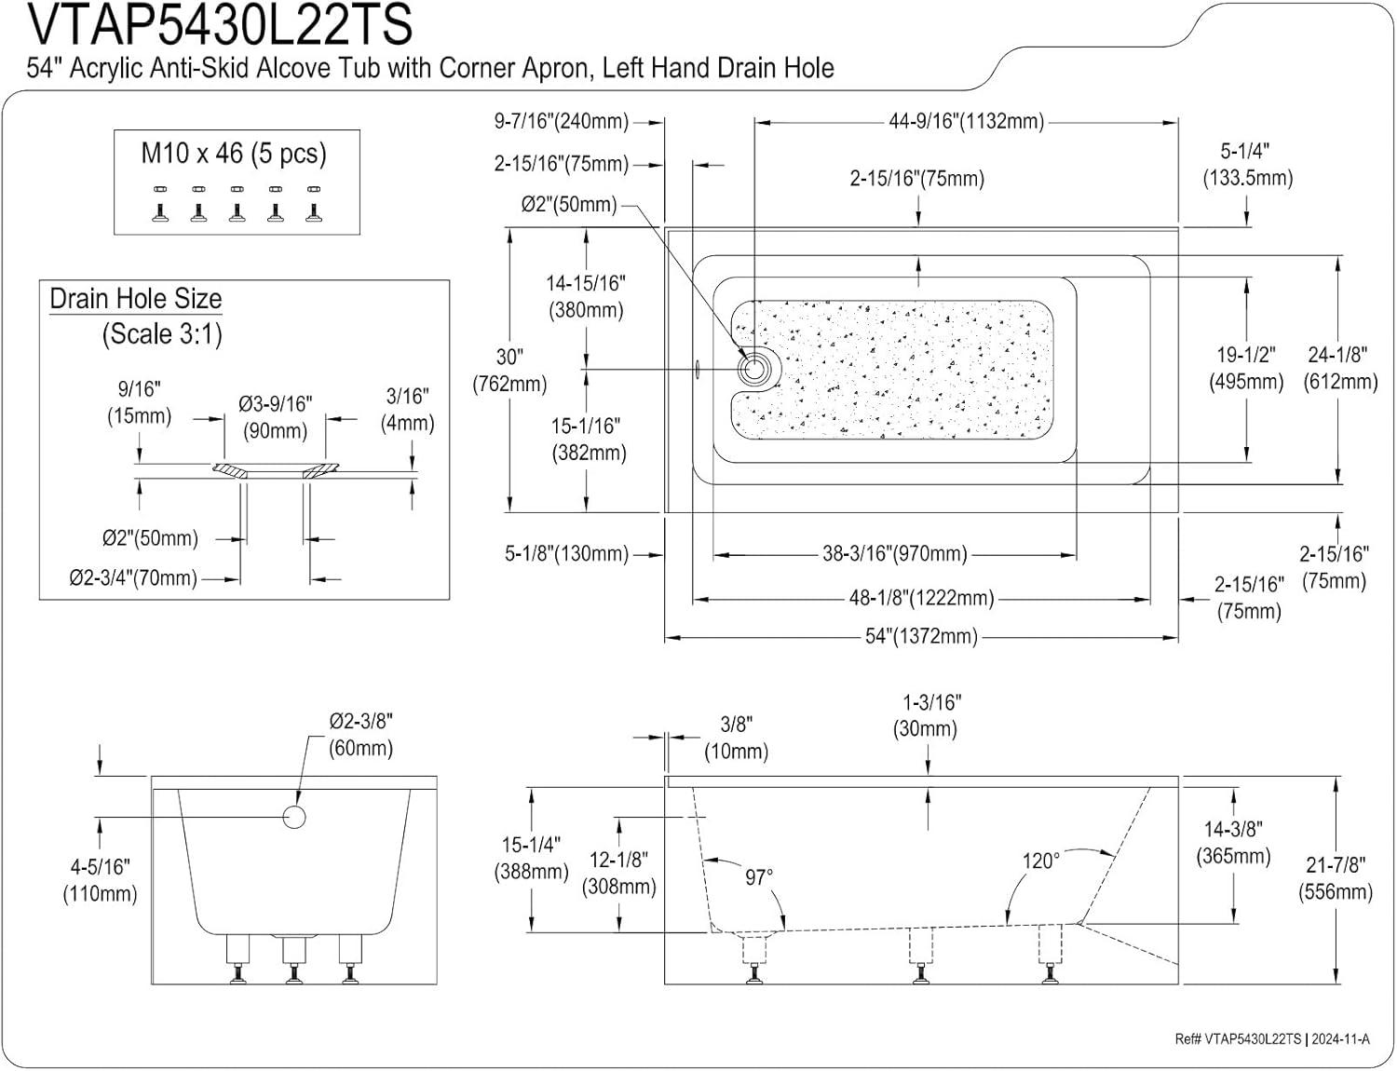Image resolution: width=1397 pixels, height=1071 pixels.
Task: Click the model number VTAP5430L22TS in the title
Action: [220, 26]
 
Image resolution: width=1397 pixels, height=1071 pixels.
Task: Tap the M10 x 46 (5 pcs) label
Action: [234, 154]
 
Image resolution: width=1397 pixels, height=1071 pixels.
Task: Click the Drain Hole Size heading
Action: [136, 299]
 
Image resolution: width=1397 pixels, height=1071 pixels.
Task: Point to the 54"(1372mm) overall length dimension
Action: [921, 637]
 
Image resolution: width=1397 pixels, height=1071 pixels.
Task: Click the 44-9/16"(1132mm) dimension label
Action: [966, 121]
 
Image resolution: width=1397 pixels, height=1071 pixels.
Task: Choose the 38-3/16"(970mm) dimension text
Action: [894, 555]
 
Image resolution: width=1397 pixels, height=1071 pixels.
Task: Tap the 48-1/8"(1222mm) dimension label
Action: [921, 598]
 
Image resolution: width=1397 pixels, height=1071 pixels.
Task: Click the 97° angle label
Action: [759, 878]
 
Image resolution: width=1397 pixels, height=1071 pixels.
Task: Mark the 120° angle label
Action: [1040, 861]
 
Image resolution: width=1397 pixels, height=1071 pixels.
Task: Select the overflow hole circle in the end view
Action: [293, 818]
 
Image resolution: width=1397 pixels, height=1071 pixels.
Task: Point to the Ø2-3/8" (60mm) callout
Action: [361, 734]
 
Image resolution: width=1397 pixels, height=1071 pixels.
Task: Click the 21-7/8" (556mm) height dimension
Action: [1336, 878]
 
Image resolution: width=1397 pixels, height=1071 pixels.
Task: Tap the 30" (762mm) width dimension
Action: [509, 370]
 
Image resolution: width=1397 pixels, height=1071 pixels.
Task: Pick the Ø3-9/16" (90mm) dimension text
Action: [276, 417]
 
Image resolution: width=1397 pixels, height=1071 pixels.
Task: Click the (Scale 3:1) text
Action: [162, 333]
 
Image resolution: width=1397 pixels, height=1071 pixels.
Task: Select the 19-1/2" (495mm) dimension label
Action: [1246, 368]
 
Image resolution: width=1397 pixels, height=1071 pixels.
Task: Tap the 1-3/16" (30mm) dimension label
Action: [926, 715]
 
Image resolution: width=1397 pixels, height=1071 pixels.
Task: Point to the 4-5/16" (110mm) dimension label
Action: [100, 880]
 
